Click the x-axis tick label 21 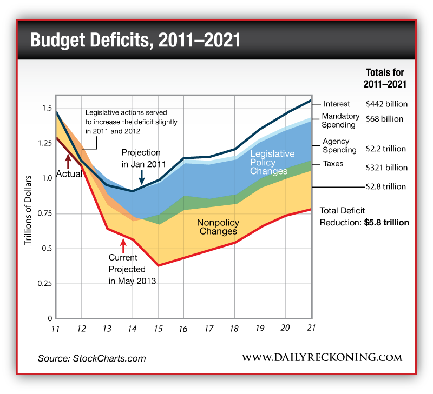(311, 329)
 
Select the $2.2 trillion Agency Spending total (386, 148)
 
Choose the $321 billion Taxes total (386, 168)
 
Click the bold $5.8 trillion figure (386, 222)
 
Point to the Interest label (337, 104)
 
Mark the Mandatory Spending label (340, 121)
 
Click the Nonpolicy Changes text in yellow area (216, 226)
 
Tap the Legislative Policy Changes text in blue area (272, 163)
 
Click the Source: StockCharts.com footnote (91, 358)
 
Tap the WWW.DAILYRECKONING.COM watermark (322, 358)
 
